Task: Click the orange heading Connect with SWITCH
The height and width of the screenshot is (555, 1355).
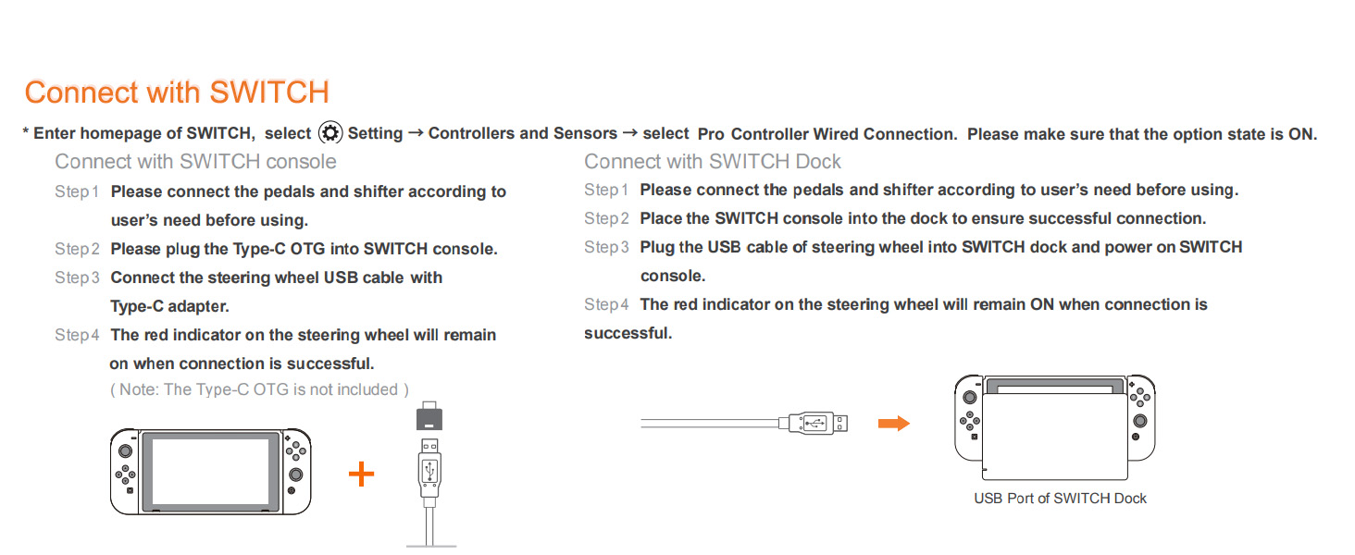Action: [177, 92]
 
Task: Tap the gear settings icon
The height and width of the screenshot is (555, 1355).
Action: [330, 132]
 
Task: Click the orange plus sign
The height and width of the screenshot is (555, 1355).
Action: [361, 474]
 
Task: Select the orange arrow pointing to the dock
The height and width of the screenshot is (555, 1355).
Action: [894, 424]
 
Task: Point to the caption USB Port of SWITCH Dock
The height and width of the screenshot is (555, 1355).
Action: [1060, 499]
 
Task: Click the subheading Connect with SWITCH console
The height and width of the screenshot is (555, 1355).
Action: [195, 162]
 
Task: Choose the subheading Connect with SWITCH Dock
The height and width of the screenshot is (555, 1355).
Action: [712, 162]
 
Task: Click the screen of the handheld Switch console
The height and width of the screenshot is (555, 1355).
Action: [210, 472]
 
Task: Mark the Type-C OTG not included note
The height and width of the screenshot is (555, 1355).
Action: [259, 389]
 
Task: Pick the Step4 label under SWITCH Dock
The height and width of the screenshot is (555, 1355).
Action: [606, 304]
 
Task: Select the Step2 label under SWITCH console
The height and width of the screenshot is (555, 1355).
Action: [77, 249]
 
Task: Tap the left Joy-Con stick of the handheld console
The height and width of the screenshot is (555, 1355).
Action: [125, 450]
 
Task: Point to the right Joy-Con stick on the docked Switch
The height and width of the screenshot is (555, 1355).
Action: [1140, 421]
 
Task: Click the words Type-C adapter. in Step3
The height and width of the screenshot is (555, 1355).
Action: [169, 306]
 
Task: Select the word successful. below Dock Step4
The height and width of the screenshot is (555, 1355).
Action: [628, 333]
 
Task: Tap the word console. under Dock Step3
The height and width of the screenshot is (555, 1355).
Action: [673, 277]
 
